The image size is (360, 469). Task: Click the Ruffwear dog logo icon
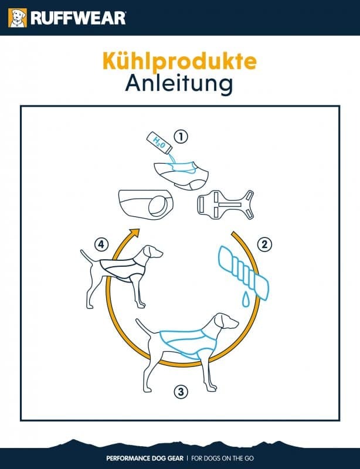coord(18,18)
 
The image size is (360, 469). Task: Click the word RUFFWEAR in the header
coord(78,18)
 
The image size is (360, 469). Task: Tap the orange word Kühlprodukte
coord(179,61)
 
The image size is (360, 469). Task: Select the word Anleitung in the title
coord(179,83)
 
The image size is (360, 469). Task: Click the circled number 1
coord(181,137)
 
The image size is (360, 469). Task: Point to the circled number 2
coord(264,244)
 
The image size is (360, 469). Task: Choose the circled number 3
coord(181,391)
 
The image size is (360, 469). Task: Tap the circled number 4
coord(101,244)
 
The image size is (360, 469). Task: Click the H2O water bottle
coord(159,142)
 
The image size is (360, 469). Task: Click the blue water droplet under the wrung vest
coord(246,299)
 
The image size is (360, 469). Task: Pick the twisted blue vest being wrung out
coord(243,271)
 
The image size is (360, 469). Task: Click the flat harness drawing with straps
coord(225,205)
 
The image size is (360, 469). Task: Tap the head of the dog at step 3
coord(225,321)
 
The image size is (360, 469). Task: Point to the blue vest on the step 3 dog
coord(189,343)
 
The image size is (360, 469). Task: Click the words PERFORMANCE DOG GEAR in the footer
coord(145,458)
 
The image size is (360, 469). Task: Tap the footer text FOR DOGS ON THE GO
coord(222,458)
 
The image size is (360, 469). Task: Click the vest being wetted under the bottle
coord(182,175)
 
